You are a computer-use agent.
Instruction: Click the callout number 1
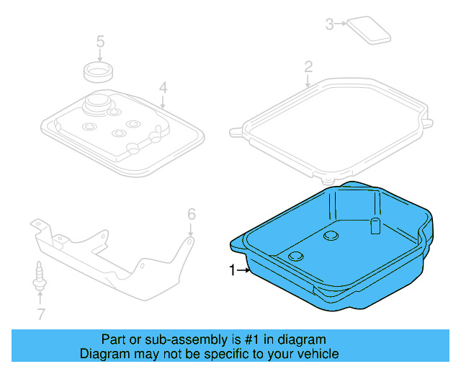point(232,270)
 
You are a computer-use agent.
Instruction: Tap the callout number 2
point(308,67)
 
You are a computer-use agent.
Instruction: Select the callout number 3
point(330,24)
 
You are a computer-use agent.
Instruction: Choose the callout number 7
point(40,314)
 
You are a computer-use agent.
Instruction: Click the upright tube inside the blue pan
point(375,225)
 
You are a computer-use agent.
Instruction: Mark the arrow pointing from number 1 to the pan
point(243,270)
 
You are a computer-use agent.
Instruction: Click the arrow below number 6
point(190,231)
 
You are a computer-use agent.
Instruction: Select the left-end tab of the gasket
point(235,132)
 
